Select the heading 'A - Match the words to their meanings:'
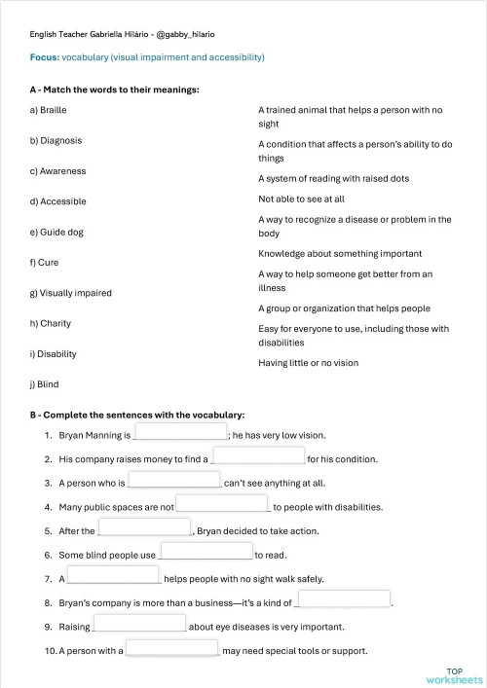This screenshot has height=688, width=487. click(x=114, y=90)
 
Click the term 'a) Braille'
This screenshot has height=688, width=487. click(x=48, y=110)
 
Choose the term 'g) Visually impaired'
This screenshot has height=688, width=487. click(x=71, y=293)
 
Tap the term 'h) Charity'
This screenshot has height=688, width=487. click(x=51, y=323)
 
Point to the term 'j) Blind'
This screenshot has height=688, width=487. click(x=45, y=384)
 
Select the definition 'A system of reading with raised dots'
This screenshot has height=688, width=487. click(x=333, y=179)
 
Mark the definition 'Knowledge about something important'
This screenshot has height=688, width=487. click(x=332, y=253)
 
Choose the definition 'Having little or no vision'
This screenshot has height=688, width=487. click(x=308, y=363)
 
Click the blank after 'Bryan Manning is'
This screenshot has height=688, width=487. click(x=180, y=433)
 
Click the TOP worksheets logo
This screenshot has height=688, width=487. click(x=454, y=675)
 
